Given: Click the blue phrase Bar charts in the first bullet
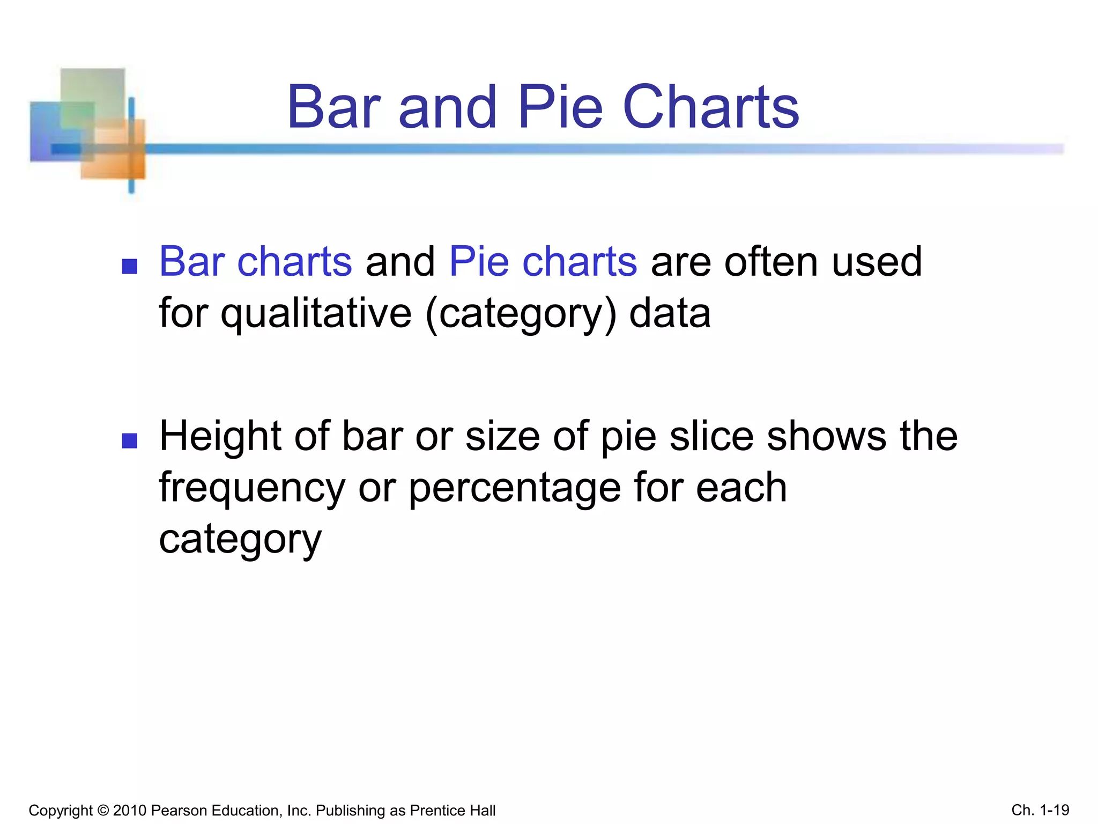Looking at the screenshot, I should pyautogui.click(x=256, y=262).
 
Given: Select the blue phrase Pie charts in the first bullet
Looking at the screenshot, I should pyautogui.click(x=543, y=262).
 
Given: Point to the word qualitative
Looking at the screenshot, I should pyautogui.click(x=316, y=314).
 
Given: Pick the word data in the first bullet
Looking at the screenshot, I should pyautogui.click(x=670, y=313).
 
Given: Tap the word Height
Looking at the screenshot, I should pyautogui.click(x=220, y=436).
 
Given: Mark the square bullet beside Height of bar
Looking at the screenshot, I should pyautogui.click(x=130, y=441).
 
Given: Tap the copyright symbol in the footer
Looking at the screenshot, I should pyautogui.click(x=103, y=811).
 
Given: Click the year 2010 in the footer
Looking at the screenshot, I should pyautogui.click(x=130, y=811).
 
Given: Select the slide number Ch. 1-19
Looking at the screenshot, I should pyautogui.click(x=1040, y=810).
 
